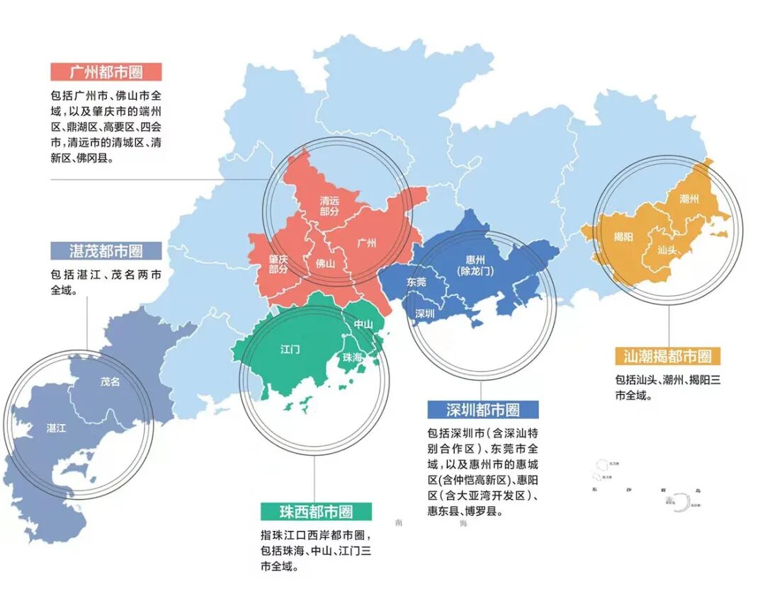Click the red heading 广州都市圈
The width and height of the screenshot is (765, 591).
106,72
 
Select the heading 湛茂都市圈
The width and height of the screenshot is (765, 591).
106,251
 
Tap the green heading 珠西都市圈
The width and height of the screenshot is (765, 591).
316,510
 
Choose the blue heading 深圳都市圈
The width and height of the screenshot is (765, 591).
482,409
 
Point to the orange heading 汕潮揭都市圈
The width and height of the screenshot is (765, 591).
667,355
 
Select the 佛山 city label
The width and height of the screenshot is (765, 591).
325,263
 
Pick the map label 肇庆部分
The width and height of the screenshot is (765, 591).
278,264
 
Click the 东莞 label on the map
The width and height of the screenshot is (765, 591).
416,281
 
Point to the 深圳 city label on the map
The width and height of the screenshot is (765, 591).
424,313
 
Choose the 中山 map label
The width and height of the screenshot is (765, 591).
363,324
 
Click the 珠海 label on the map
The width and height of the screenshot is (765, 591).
352,357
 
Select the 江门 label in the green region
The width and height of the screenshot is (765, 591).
290,349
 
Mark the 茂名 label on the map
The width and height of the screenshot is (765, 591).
110,381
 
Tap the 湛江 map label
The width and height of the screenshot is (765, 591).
56,428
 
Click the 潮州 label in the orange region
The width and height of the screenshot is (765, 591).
688,199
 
